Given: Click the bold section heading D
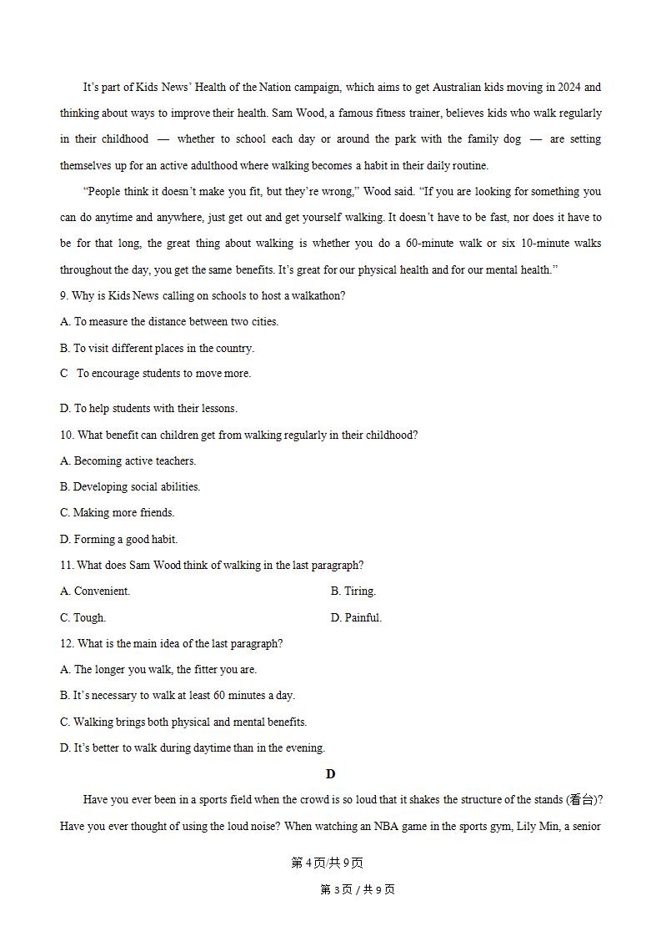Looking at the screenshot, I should tap(330, 774).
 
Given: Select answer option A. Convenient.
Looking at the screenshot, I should tap(95, 591).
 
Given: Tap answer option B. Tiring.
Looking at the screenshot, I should tap(353, 591).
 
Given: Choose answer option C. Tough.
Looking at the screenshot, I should tap(83, 618).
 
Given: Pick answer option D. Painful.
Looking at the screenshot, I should tap(356, 618).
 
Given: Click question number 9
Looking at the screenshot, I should tap(63, 296).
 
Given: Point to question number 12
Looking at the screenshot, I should tap(67, 644).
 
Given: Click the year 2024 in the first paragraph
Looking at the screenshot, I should tap(571, 87).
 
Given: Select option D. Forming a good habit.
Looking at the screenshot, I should tap(118, 540).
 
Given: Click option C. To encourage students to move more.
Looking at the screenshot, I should tap(155, 374).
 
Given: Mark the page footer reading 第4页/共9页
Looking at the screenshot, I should tap(327, 863).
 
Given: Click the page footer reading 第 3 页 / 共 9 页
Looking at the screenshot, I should tap(357, 889).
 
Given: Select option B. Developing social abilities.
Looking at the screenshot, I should tap(130, 487).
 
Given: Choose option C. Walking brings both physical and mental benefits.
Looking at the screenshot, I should tap(183, 722).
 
